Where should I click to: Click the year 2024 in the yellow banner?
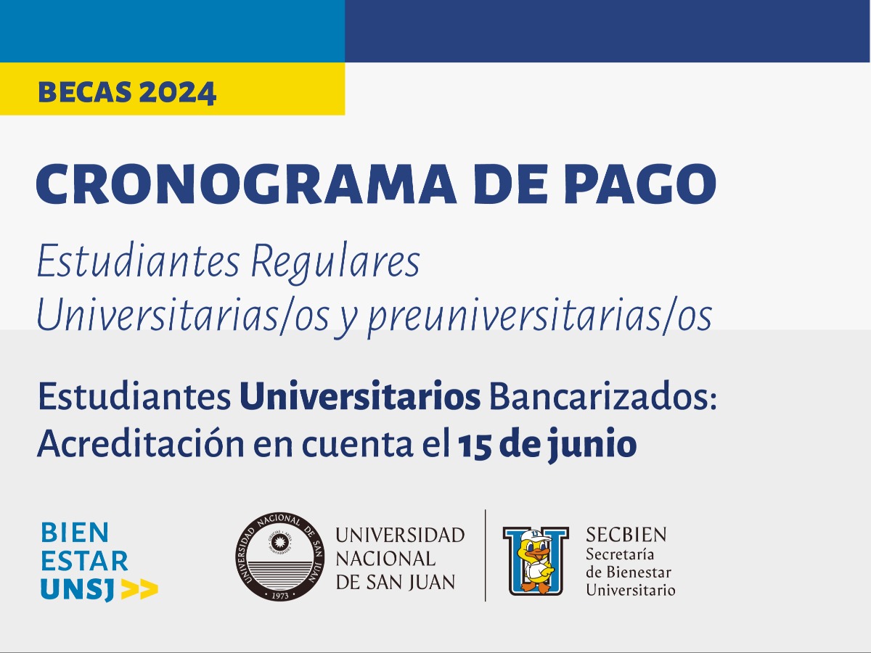(x=177, y=92)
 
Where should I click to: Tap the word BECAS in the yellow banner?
(x=85, y=92)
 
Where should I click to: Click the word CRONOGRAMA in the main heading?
(x=246, y=184)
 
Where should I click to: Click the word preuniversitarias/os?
(x=540, y=318)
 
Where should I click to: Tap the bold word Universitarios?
(x=360, y=396)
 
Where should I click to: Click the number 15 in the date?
(x=473, y=445)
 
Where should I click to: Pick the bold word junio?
(x=592, y=445)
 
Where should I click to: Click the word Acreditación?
(x=141, y=443)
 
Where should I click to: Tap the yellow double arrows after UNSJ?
(x=139, y=590)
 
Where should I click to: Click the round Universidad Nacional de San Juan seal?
(x=279, y=557)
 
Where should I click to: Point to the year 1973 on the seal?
(x=279, y=596)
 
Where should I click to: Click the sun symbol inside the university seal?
(x=279, y=541)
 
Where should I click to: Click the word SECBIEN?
(x=626, y=535)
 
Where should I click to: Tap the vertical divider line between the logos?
(x=486, y=556)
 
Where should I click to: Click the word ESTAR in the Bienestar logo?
(x=84, y=561)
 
